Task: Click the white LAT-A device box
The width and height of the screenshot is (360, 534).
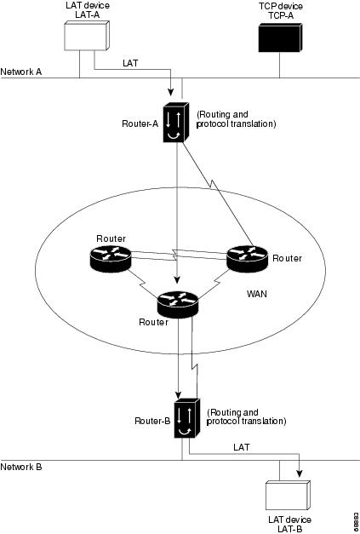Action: [x=87, y=37]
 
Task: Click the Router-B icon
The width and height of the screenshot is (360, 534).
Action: [x=186, y=416]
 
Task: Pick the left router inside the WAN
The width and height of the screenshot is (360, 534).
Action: [x=111, y=257]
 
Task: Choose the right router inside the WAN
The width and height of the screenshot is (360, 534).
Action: [x=247, y=257]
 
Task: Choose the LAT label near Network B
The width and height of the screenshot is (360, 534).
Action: [x=241, y=446]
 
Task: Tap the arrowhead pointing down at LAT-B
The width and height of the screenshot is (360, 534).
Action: [x=298, y=476]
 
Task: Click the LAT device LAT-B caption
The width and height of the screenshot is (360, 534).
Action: [x=289, y=524]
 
